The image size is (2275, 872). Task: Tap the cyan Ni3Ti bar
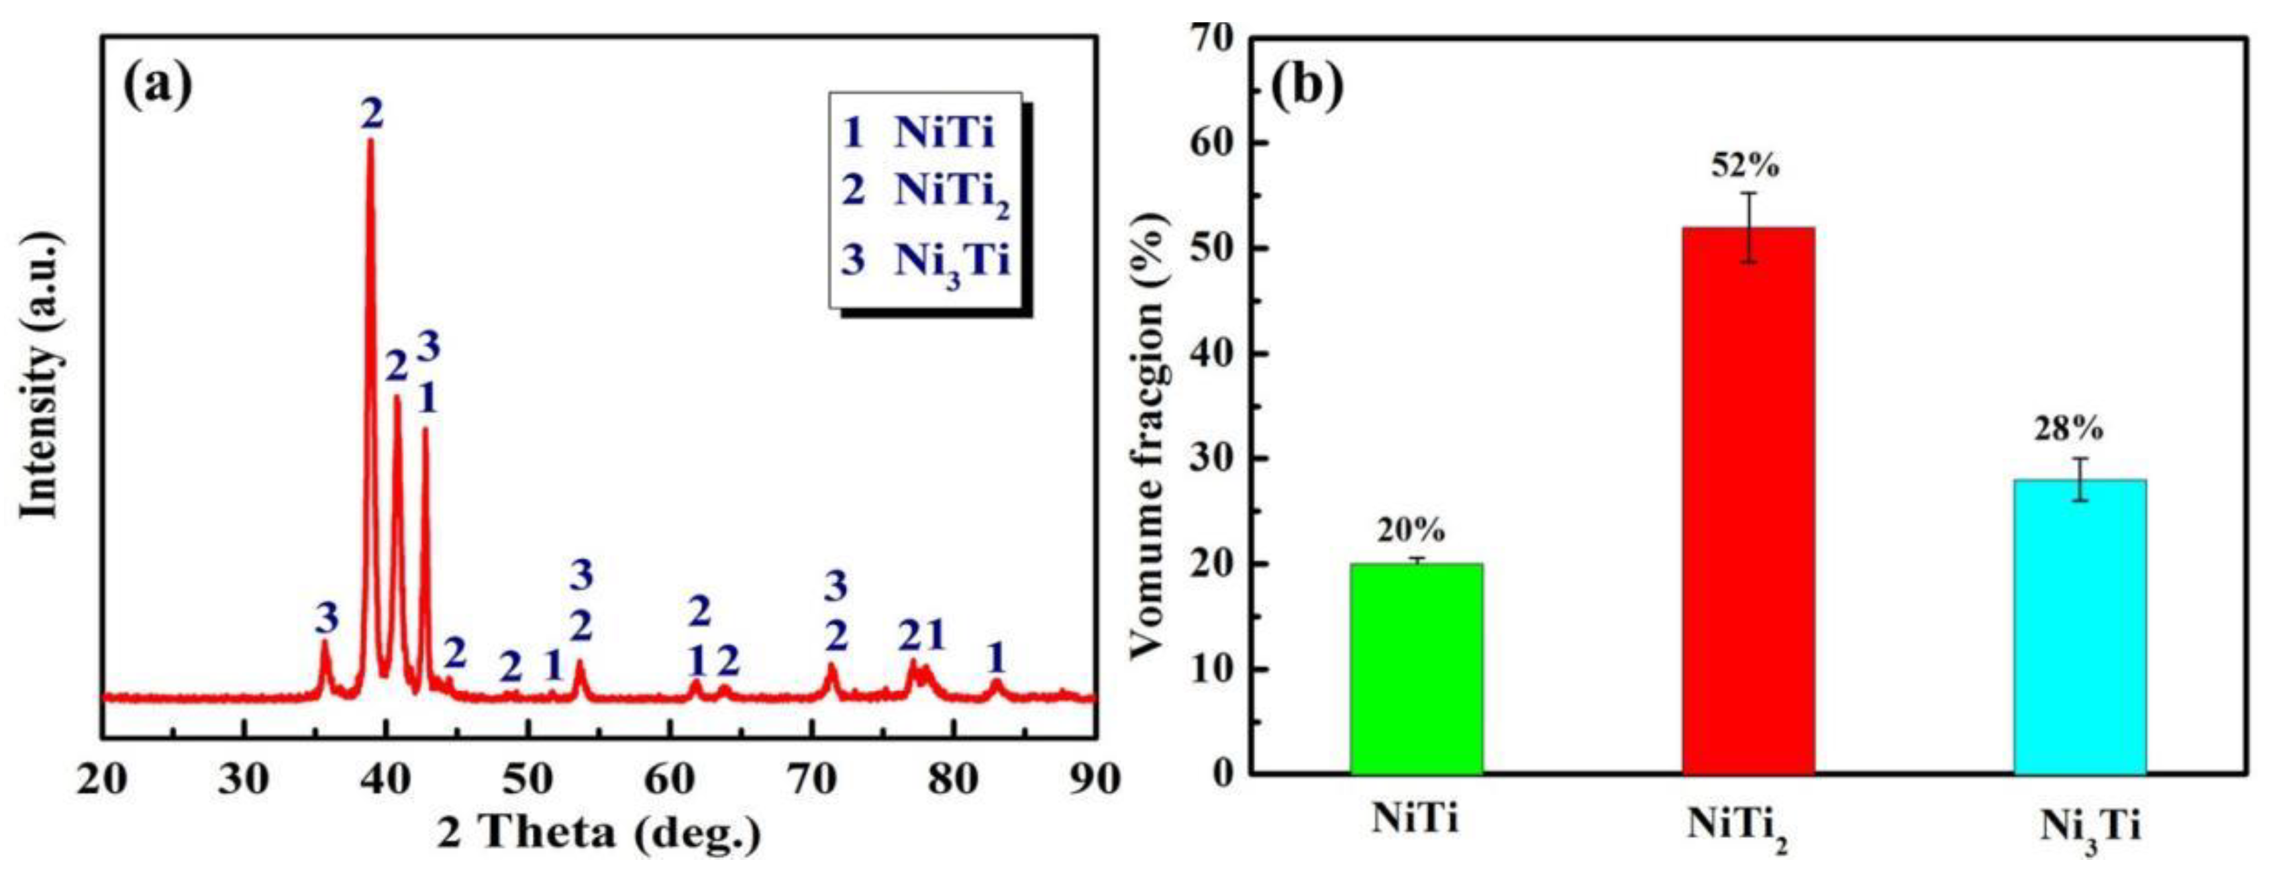pos(2080,626)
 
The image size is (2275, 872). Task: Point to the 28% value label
pos(2079,430)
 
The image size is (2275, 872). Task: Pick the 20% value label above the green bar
pos(1411,531)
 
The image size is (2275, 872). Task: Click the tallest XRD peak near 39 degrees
pos(370,150)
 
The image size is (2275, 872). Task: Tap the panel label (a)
pos(157,87)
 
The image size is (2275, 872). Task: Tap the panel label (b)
pos(1307,86)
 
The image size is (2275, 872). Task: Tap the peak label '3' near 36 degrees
pos(327,620)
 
